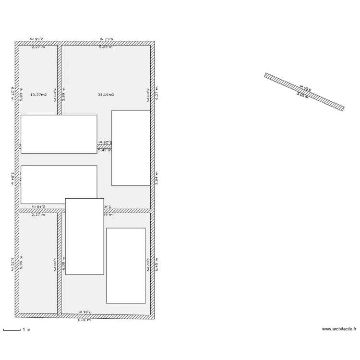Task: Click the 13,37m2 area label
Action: coord(38,95)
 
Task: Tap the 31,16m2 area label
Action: coord(106,95)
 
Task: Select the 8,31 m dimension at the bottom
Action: coord(84,320)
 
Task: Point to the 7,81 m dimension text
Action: coord(84,312)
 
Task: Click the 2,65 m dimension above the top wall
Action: coord(37,38)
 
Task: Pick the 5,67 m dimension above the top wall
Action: coord(106,38)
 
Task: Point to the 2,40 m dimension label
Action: coord(38,206)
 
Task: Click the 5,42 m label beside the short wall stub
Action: coord(105,150)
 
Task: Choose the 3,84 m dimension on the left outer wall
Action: coord(12,179)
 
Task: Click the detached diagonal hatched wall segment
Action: coord(304,92)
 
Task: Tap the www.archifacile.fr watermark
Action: coord(339,329)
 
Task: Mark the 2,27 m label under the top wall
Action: coord(38,47)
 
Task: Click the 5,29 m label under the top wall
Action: coord(106,47)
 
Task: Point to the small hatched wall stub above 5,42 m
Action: coord(104,146)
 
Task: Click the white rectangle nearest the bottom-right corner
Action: coord(126,265)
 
